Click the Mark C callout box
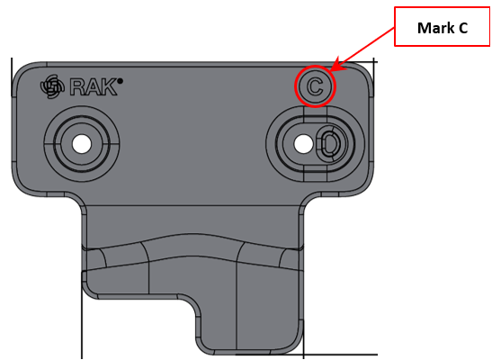[442, 27]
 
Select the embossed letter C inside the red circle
[315, 86]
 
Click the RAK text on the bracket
[94, 86]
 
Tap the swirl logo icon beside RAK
[52, 86]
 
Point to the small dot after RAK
[120, 81]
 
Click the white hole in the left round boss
[82, 144]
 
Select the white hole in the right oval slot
[303, 144]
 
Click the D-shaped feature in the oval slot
[329, 144]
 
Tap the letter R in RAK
[77, 87]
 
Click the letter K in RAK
[110, 87]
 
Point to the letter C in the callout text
[463, 28]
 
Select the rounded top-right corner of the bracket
[361, 76]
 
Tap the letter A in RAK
[94, 87]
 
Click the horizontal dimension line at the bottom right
[340, 355]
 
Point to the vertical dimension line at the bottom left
[82, 315]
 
